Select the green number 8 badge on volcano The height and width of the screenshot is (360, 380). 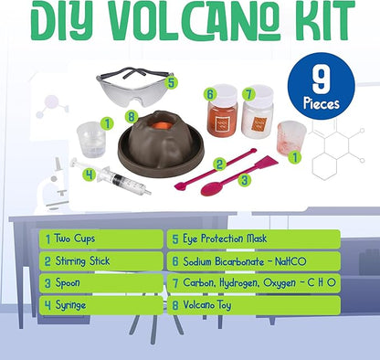click(132, 116)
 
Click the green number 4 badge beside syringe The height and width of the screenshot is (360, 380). click(90, 172)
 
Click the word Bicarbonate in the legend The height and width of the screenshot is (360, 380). click(246, 260)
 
